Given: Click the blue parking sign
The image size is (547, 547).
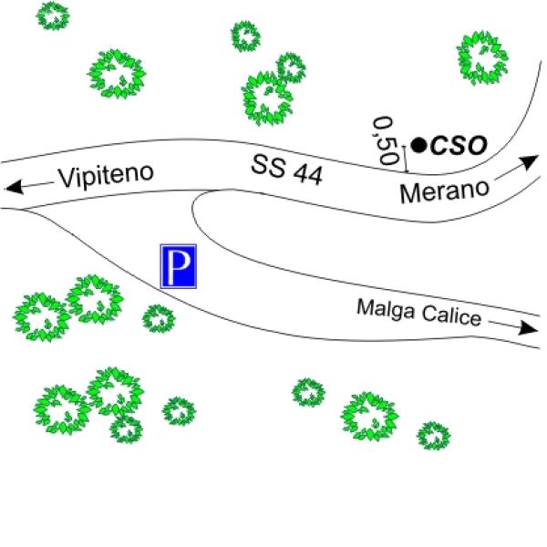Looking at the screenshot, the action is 179,266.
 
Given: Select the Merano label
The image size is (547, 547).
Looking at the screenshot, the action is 445,191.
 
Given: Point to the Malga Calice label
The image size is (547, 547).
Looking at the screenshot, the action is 419,312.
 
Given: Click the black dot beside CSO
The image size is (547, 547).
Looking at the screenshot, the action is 419,145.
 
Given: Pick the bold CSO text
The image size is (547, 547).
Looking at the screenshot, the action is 459,145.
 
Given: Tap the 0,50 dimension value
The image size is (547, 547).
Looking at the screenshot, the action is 385,140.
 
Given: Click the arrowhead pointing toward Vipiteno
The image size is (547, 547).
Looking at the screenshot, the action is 15,187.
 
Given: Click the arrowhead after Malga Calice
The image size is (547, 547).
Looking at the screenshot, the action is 528,327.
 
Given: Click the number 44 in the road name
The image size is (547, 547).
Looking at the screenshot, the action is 308,175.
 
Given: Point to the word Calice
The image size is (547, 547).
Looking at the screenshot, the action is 451,316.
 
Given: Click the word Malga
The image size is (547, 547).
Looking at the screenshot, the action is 387,309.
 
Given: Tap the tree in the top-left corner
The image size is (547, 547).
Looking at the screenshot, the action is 53,15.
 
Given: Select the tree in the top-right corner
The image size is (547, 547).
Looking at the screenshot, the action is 482,58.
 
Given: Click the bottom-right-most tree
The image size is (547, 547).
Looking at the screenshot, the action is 434,436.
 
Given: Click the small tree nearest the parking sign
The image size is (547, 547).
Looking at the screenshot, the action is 159,318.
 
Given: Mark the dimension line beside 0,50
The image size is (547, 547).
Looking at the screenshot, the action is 406,159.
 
